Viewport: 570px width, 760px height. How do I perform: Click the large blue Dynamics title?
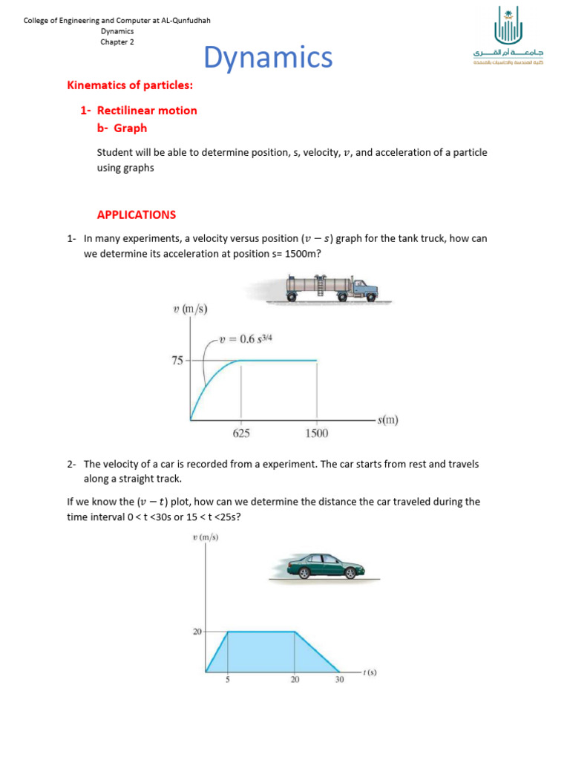point(268,57)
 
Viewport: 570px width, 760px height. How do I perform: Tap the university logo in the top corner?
point(507,37)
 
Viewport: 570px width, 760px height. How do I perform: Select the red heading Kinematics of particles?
point(130,86)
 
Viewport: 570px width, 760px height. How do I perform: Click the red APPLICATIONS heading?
point(137,214)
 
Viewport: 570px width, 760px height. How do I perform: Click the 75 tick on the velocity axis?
point(177,361)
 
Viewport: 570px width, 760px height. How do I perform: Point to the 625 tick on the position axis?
point(241,434)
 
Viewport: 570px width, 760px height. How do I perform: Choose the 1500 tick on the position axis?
point(317,434)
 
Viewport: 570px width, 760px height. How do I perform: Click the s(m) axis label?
point(387,420)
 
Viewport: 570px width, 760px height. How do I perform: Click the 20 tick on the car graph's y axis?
point(197,632)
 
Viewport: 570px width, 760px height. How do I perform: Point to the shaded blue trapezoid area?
point(271,653)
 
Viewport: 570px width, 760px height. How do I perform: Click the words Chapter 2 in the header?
point(117,42)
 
